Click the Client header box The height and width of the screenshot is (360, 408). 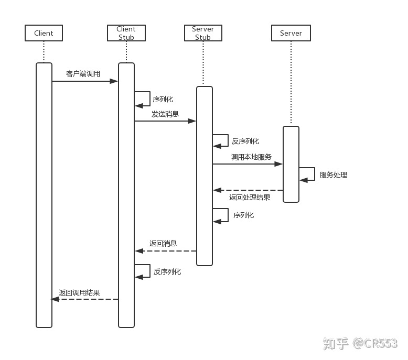[x=44, y=33]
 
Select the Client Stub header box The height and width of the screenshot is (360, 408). [x=126, y=33]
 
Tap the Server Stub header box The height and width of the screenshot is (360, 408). [x=203, y=33]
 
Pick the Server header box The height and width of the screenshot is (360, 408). [x=291, y=33]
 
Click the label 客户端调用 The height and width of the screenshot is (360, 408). [x=83, y=74]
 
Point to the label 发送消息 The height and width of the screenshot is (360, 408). [x=165, y=114]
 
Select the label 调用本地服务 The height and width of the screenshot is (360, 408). [x=251, y=157]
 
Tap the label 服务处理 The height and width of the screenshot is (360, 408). [x=334, y=174]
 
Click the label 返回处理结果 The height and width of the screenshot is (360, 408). [x=250, y=198]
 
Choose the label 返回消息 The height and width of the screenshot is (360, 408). [x=163, y=243]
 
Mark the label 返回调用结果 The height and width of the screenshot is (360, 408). [x=79, y=293]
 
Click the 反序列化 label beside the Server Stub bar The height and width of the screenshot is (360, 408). [x=245, y=141]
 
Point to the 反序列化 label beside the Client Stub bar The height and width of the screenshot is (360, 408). [x=167, y=271]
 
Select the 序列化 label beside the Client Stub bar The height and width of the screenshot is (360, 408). [x=163, y=99]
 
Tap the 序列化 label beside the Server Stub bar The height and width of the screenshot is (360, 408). [x=244, y=215]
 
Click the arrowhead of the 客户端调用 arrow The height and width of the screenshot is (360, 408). [x=114, y=81]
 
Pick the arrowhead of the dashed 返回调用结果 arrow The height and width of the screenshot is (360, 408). [x=55, y=299]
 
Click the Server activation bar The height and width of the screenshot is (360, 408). [x=291, y=164]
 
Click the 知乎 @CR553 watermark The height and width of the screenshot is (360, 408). [x=360, y=344]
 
